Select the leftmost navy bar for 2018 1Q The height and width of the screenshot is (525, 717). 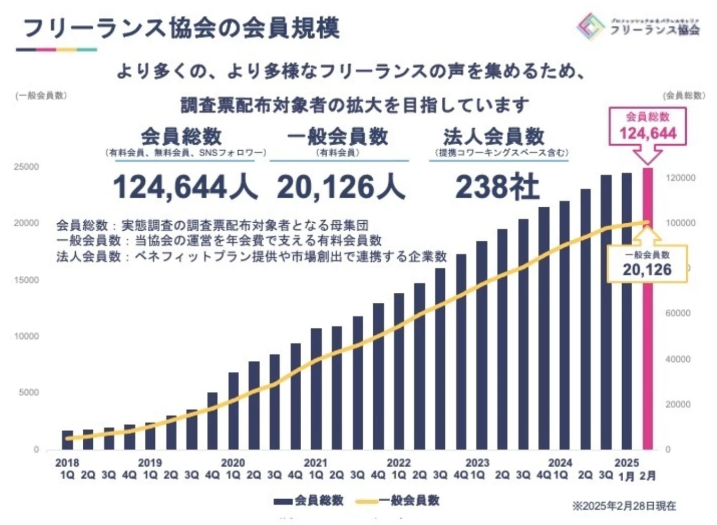[67, 440]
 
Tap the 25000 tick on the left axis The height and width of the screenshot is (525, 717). [27, 167]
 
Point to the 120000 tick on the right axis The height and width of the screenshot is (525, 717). [680, 178]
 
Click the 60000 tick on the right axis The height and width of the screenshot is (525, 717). [678, 313]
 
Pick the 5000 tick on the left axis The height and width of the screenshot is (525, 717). [29, 392]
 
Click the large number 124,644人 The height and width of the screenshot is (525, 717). [185, 187]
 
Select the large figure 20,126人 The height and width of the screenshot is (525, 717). [340, 187]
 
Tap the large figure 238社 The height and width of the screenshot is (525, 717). [497, 187]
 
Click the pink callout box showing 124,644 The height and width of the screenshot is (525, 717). [648, 126]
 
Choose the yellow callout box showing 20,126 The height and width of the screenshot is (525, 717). [647, 264]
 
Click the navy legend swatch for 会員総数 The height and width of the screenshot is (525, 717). [283, 501]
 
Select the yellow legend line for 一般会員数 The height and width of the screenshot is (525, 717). [366, 501]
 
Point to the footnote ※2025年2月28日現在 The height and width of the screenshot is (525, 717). [624, 506]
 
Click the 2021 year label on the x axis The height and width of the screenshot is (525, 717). [316, 463]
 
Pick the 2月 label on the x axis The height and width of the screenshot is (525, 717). [648, 476]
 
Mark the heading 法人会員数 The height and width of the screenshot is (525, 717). [494, 137]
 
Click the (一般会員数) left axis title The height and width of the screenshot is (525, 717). [41, 95]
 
